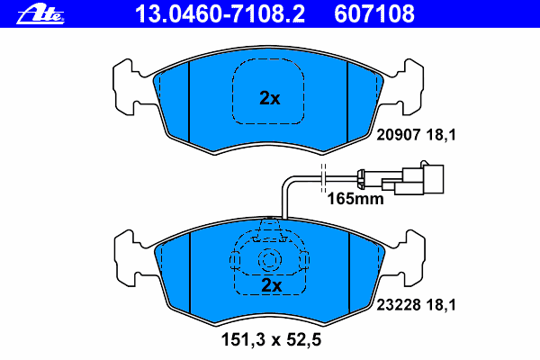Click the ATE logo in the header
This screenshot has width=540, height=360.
point(40,14)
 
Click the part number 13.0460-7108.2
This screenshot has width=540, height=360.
point(220,14)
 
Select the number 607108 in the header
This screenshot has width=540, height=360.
point(374,14)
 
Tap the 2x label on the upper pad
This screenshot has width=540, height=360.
point(270,98)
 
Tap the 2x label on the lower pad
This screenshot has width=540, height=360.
point(272,285)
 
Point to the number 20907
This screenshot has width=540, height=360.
point(399,135)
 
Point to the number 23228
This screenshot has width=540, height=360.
point(399,305)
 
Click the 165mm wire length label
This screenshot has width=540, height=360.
point(355,199)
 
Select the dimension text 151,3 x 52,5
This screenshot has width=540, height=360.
point(271,339)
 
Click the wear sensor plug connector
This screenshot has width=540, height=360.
point(413,179)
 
